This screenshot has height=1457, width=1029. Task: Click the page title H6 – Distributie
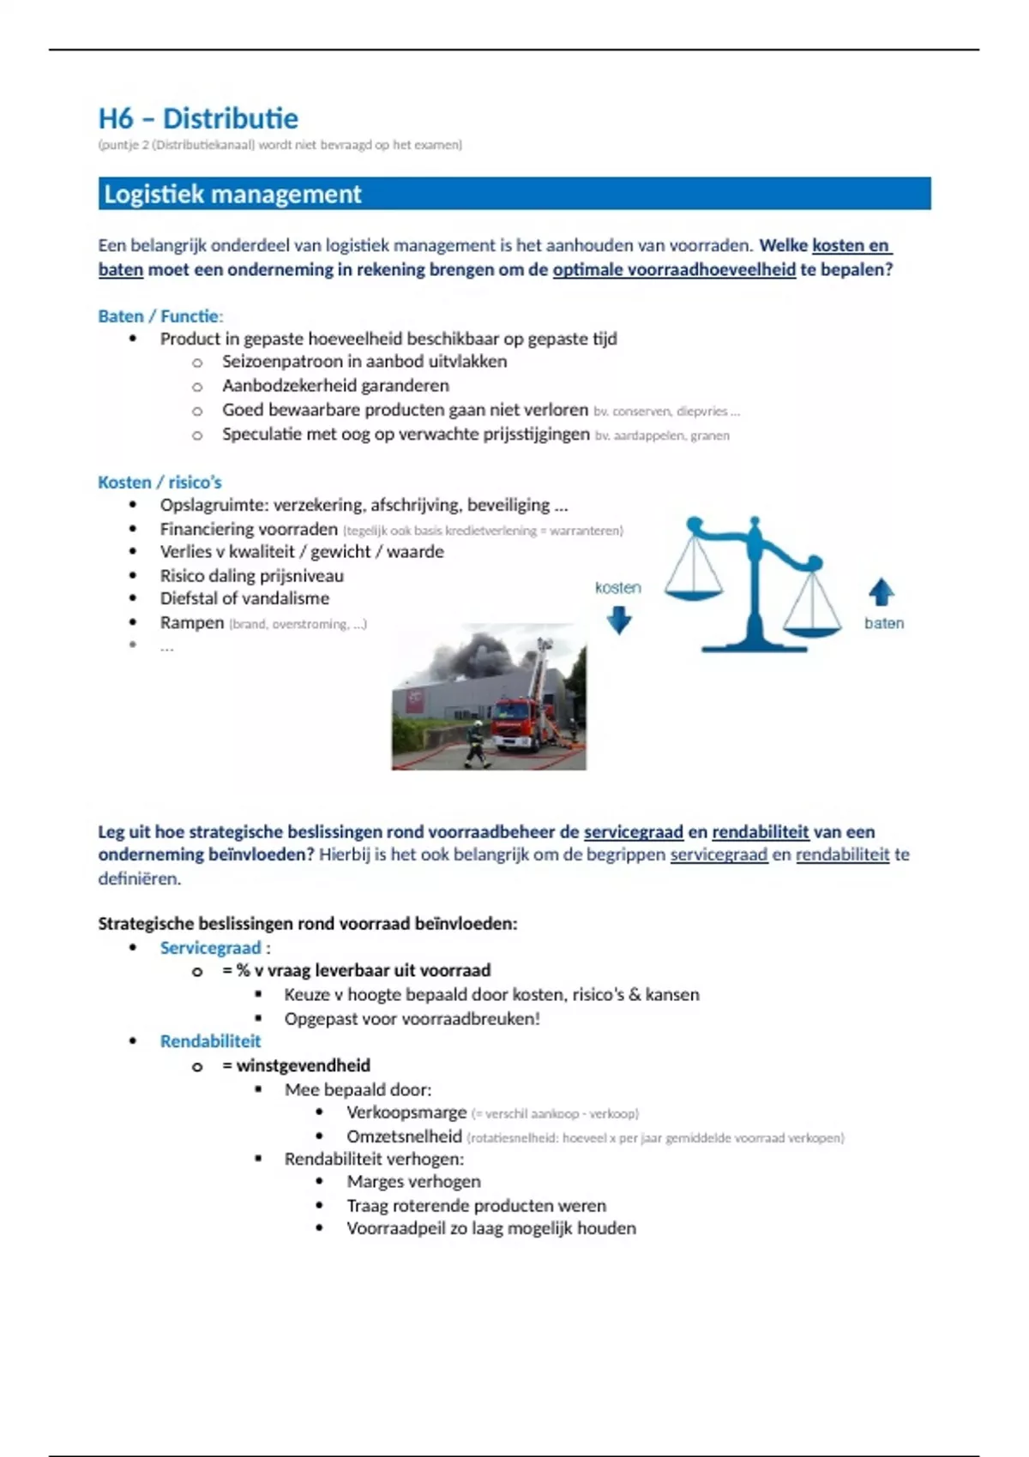click(198, 118)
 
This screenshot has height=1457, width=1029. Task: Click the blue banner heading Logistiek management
click(232, 195)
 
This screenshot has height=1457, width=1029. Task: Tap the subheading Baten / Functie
click(160, 316)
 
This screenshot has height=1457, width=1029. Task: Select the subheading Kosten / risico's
click(159, 483)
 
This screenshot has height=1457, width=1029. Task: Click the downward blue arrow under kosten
click(618, 620)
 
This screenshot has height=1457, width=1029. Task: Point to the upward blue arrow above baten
click(882, 591)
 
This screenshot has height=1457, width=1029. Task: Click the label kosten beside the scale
click(617, 588)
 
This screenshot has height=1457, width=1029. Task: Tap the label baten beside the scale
click(883, 623)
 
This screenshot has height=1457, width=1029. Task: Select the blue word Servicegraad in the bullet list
click(210, 948)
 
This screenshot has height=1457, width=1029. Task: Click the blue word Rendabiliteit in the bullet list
click(210, 1041)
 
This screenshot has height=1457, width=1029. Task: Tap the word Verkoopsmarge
click(406, 1112)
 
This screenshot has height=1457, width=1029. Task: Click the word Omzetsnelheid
click(404, 1136)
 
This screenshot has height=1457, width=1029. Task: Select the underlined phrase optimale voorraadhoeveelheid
click(674, 270)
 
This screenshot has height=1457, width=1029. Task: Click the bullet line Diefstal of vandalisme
click(244, 598)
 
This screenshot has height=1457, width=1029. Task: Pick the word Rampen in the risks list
click(191, 623)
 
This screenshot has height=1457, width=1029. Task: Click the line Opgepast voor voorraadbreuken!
click(412, 1019)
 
